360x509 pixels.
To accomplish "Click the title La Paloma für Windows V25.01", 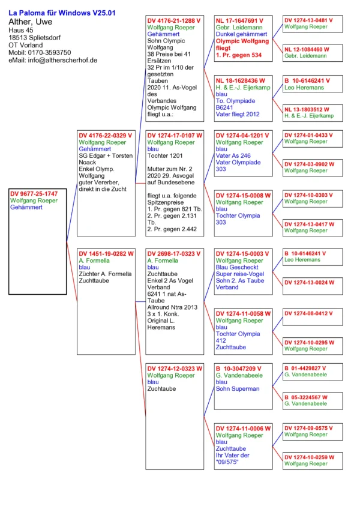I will (x=62, y=13).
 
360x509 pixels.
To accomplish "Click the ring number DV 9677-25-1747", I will (x=34, y=194).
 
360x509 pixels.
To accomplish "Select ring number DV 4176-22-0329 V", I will (x=106, y=136).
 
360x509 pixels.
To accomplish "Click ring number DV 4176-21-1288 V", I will (x=174, y=20).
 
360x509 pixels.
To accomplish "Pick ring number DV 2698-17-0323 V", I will (x=175, y=254).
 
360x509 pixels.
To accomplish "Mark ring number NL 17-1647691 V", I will (x=244, y=20).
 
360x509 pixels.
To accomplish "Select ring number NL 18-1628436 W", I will (x=244, y=80).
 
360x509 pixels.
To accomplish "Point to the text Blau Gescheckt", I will (x=236, y=268).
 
